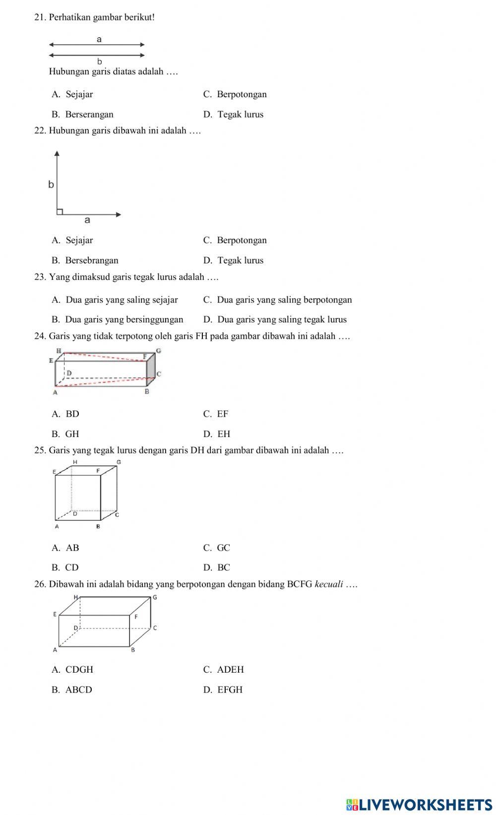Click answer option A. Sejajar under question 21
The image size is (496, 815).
(72, 94)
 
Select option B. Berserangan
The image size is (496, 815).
(82, 114)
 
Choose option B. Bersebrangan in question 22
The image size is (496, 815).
(85, 260)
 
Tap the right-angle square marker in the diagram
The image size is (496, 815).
(60, 212)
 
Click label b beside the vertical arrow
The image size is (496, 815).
(51, 185)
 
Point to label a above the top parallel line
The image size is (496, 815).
(99, 39)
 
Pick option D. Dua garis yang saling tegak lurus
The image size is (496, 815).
(275, 319)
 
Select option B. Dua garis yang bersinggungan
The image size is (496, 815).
(118, 319)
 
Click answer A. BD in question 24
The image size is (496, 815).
(65, 414)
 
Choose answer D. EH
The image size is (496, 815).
(217, 434)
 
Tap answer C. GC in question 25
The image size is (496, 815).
(217, 548)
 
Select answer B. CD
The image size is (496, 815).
(65, 567)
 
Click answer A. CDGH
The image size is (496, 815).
(72, 670)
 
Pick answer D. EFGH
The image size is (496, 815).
(223, 690)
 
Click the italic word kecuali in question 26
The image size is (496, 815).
(329, 584)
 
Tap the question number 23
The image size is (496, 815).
(40, 277)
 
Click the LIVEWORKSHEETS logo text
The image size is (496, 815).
(419, 805)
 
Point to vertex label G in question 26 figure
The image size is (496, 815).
(155, 597)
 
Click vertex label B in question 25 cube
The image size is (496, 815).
(98, 526)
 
